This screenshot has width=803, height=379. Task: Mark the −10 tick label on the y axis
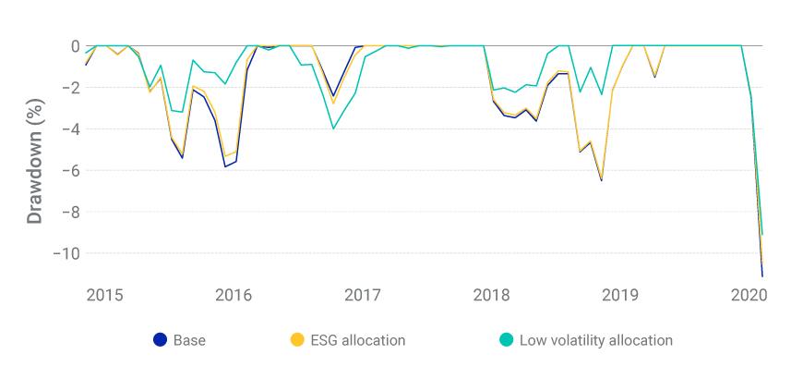pos(69,253)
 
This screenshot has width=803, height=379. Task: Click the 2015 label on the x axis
pos(104,295)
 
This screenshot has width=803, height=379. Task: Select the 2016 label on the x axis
pos(234,295)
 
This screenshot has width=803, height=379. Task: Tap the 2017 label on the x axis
pos(363,295)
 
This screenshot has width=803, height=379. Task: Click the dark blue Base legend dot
pos(160,340)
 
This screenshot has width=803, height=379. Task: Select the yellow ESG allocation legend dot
pos(296,340)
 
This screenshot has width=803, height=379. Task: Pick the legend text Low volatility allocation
pos(596,340)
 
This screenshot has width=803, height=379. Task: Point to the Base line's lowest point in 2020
pos(762,275)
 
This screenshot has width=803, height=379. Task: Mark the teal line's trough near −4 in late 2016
pos(333,128)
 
